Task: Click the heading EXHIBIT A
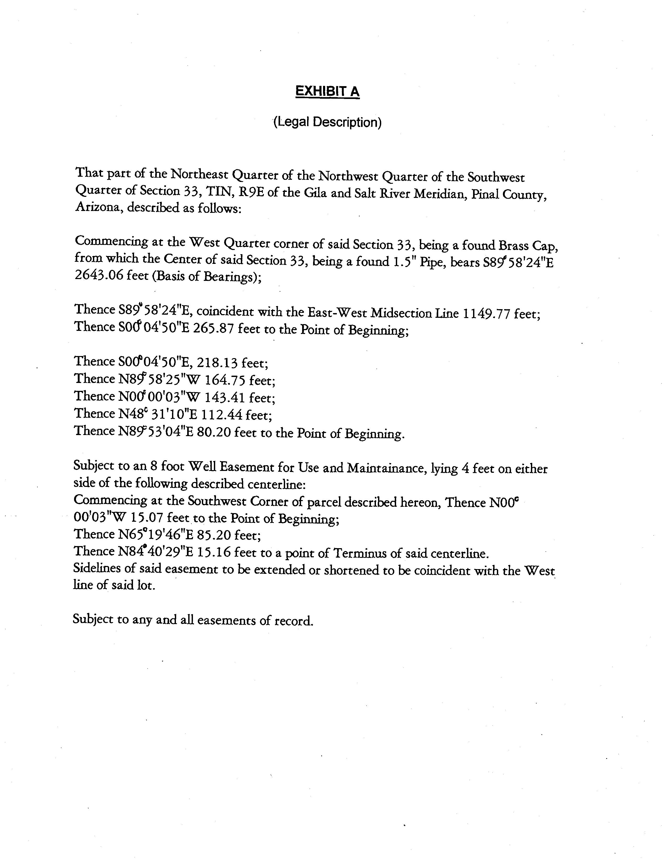click(x=328, y=92)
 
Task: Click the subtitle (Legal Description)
click(x=328, y=122)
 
